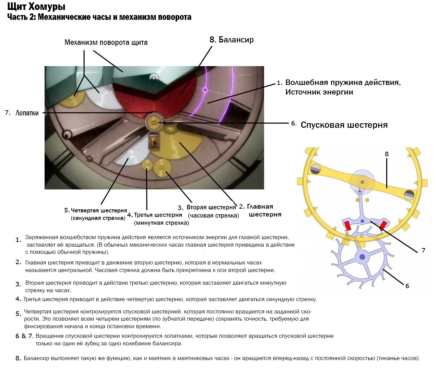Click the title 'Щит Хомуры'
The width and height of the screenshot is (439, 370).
[36, 7]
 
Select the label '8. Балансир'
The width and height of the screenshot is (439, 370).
[232, 40]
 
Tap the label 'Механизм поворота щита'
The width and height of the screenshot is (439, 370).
[106, 42]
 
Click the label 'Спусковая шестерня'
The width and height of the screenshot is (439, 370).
[344, 125]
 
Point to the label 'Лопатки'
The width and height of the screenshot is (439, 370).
[27, 113]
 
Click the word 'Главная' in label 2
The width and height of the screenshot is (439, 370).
[260, 207]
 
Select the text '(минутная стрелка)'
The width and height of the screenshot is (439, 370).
[162, 223]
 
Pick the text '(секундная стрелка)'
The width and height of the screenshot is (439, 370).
[98, 218]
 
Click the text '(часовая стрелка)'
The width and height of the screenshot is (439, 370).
[213, 215]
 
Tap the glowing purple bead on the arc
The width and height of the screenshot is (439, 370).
[205, 90]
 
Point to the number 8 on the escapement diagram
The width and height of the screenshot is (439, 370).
[387, 154]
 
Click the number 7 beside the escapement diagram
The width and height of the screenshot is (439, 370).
[423, 250]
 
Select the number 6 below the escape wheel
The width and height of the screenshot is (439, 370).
[407, 286]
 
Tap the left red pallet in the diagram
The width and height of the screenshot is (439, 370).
[347, 226]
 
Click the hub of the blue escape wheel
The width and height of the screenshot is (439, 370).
[362, 256]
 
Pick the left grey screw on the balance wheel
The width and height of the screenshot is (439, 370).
[316, 169]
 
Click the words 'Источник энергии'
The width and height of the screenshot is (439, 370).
[319, 92]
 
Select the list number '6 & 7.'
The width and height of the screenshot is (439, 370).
[24, 336]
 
